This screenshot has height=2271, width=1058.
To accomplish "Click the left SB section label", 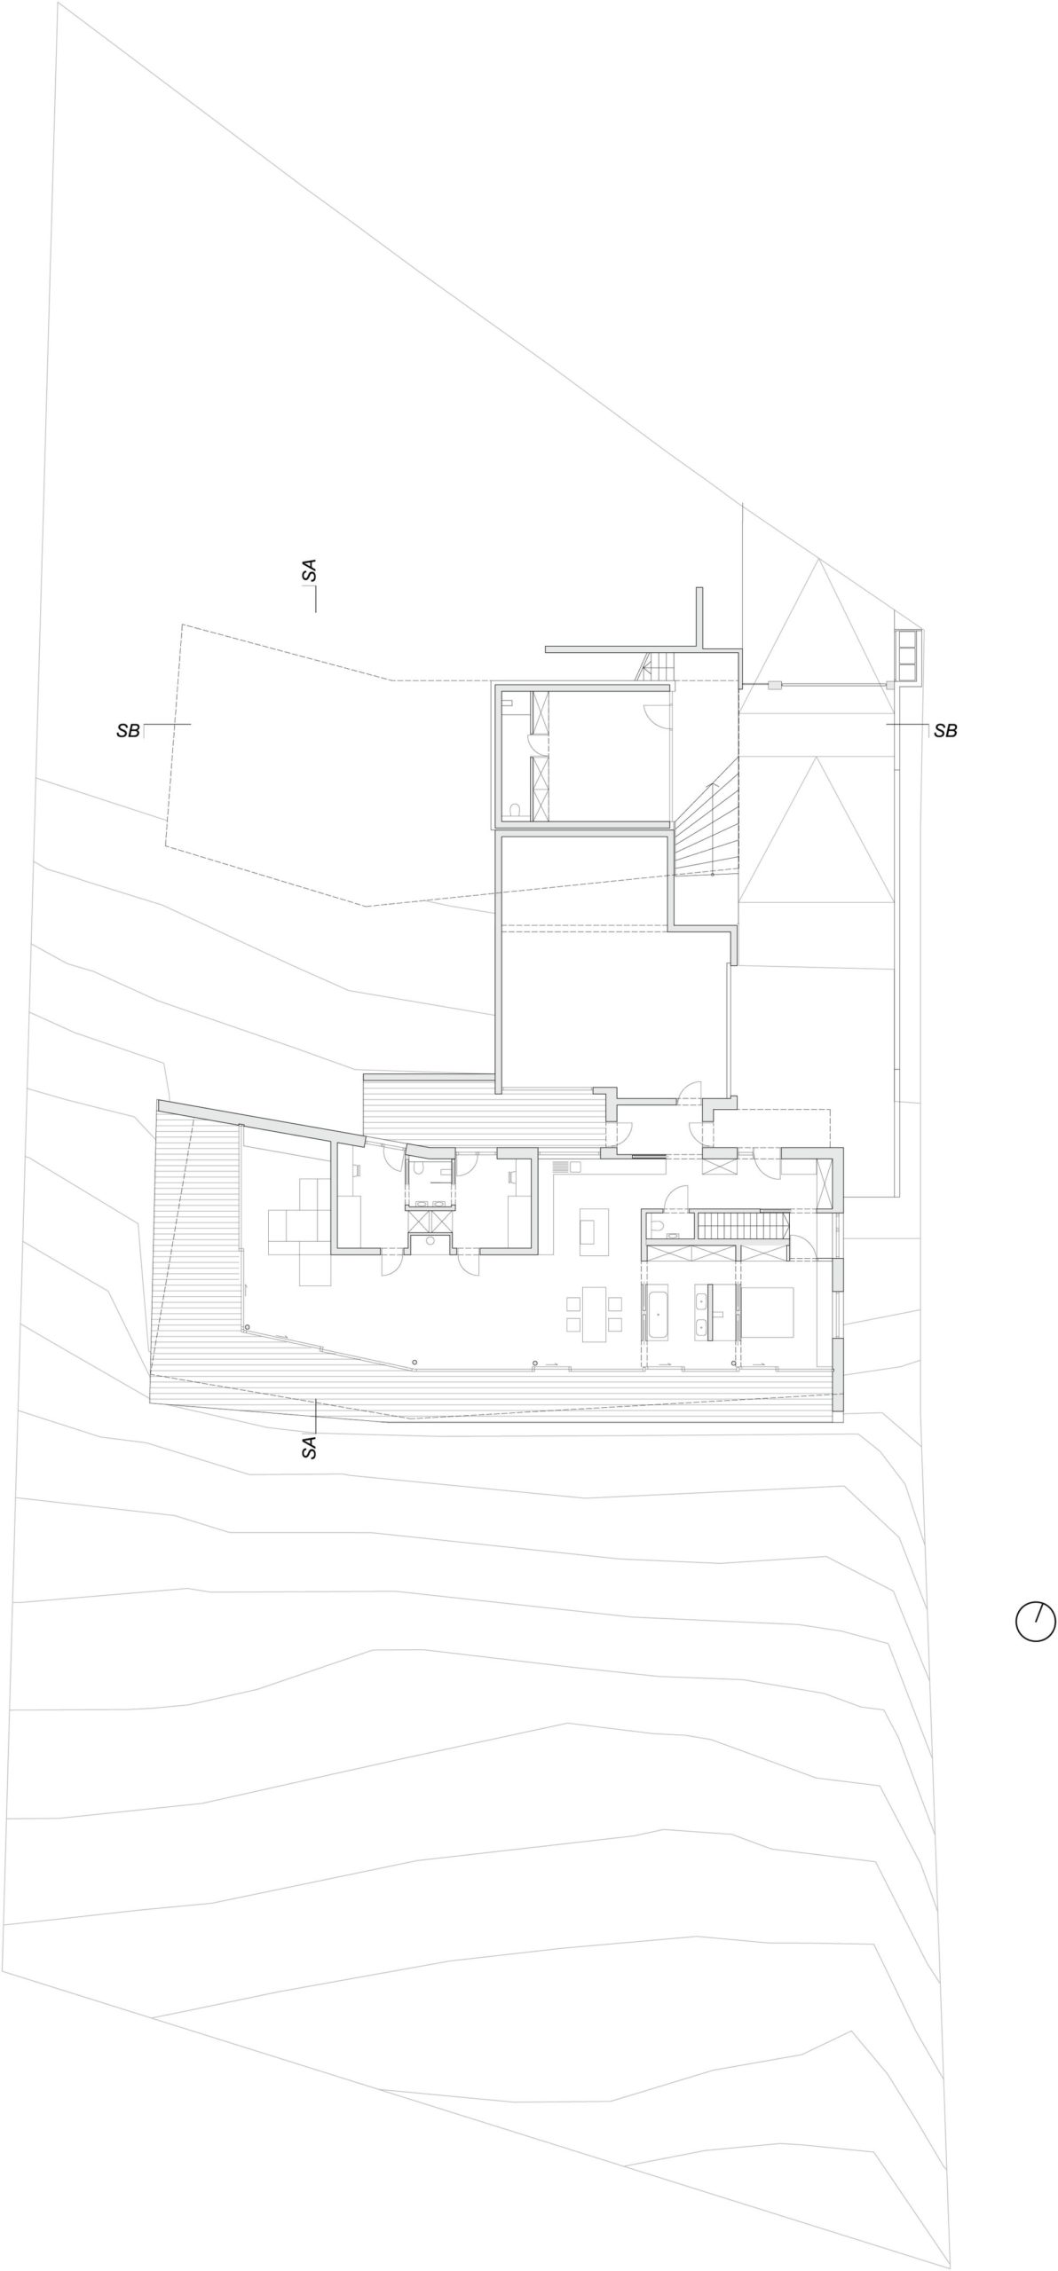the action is click(128, 732).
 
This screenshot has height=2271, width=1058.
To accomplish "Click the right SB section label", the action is click(945, 731).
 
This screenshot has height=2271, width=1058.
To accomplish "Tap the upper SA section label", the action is click(309, 571).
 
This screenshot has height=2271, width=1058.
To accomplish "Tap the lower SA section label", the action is click(309, 1448).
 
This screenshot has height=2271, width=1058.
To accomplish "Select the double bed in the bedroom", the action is click(767, 1312).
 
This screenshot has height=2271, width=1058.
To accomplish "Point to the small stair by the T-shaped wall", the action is click(655, 667).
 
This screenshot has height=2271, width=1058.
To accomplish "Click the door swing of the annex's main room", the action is click(655, 711).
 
